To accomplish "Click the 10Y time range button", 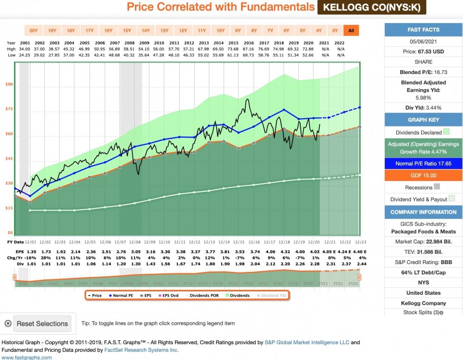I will pyautogui.click(x=220, y=31).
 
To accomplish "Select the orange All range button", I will pyautogui.click(x=351, y=31).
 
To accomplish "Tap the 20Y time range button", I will pyautogui.click(x=33, y=31).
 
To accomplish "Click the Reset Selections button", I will pyautogui.click(x=42, y=323).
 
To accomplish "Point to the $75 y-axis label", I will pyautogui.click(x=9, y=109).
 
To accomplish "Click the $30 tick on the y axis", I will pyautogui.click(x=9, y=183).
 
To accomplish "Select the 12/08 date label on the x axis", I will pyautogui.click(x=134, y=241).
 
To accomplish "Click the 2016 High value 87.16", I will pyautogui.click(x=254, y=49).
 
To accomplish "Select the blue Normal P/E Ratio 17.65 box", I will pyautogui.click(x=423, y=164).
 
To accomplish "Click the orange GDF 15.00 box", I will pyautogui.click(x=423, y=176).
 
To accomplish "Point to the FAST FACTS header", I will pyautogui.click(x=423, y=30).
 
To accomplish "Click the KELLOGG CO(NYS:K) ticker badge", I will pyautogui.click(x=372, y=7).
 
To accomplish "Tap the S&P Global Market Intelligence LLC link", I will pyautogui.click(x=307, y=342).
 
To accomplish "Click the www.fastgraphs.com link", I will pyautogui.click(x=26, y=357).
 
